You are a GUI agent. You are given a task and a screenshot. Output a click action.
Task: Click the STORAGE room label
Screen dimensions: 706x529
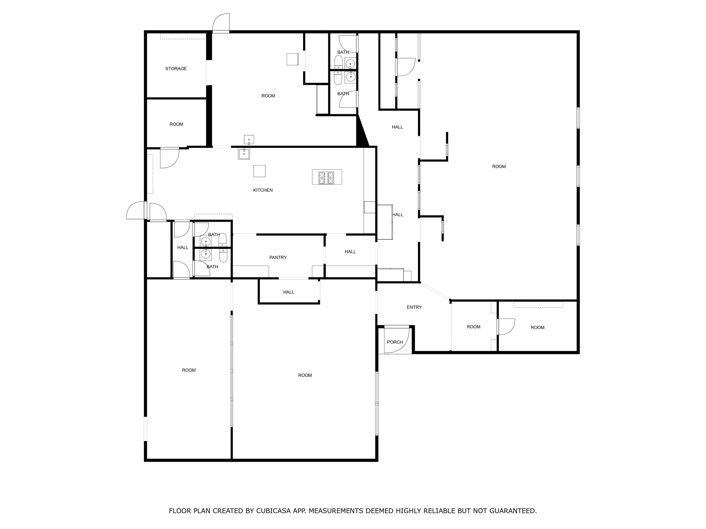point(176,69)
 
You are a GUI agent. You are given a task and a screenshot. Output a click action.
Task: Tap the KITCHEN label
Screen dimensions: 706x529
point(263,190)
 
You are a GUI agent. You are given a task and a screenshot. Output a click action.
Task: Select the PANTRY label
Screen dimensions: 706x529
point(278,257)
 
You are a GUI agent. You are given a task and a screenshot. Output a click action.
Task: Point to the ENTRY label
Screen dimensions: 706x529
point(414,307)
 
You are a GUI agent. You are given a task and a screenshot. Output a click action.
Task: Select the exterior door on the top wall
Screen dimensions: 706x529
point(221,23)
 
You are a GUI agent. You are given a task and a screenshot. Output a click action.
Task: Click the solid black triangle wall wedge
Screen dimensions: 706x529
point(361,134)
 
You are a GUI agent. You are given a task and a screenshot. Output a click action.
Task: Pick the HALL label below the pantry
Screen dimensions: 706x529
point(289,292)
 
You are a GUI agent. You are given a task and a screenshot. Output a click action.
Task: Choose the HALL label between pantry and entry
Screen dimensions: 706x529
point(350,252)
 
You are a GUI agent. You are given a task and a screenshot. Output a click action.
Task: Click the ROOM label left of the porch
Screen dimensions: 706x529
point(305,375)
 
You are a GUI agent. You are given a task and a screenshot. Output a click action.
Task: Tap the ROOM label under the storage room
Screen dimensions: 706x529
point(176,124)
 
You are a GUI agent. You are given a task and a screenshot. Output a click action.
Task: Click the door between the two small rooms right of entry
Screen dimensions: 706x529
point(506,327)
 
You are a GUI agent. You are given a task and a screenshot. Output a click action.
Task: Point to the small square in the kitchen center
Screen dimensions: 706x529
point(259,171)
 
